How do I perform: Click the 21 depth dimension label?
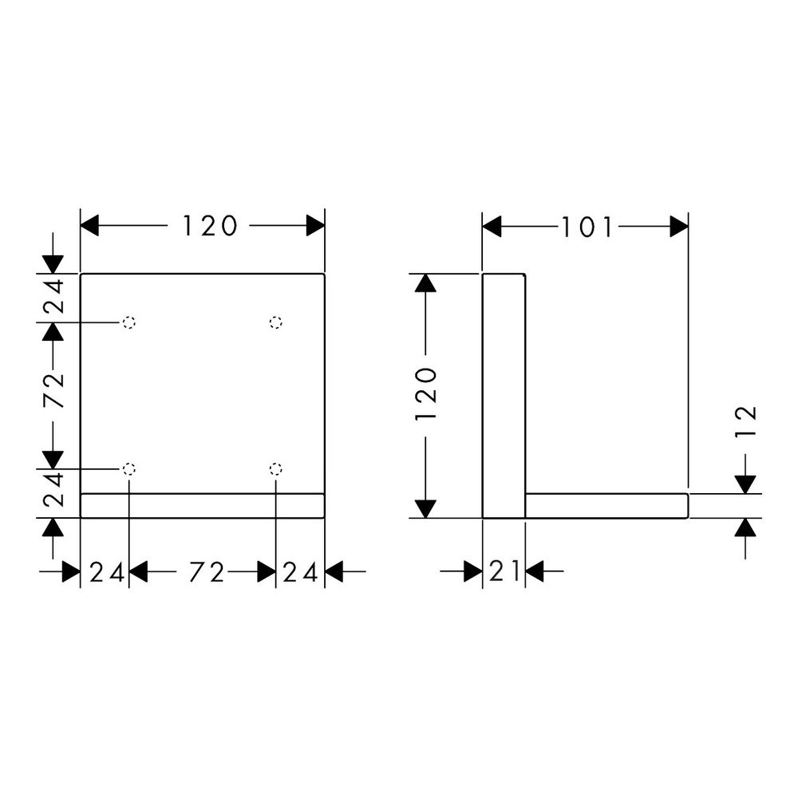point(504,571)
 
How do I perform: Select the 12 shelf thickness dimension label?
point(747,421)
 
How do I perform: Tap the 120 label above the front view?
point(210,226)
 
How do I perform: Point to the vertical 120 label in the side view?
point(426,394)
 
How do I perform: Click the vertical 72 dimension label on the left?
point(53,390)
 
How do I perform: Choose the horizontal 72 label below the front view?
point(207,572)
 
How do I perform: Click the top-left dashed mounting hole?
point(129,322)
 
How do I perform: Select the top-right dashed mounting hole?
point(276,322)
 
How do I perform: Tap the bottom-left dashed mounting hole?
point(129,468)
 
